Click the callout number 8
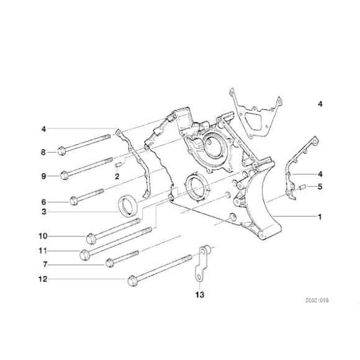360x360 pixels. click(x=43, y=152)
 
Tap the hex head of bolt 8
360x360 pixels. click(x=62, y=151)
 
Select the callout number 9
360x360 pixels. click(x=43, y=176)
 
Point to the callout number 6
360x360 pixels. click(x=43, y=201)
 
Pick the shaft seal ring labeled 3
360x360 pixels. click(x=129, y=203)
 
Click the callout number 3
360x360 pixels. click(x=43, y=212)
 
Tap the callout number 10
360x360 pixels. click(x=43, y=236)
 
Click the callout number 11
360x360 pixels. click(x=43, y=251)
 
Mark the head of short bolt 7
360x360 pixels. click(x=110, y=263)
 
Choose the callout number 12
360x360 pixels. click(x=43, y=279)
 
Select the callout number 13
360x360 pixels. click(x=198, y=294)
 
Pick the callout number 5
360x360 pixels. click(x=320, y=186)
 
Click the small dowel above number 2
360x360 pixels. click(x=118, y=166)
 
